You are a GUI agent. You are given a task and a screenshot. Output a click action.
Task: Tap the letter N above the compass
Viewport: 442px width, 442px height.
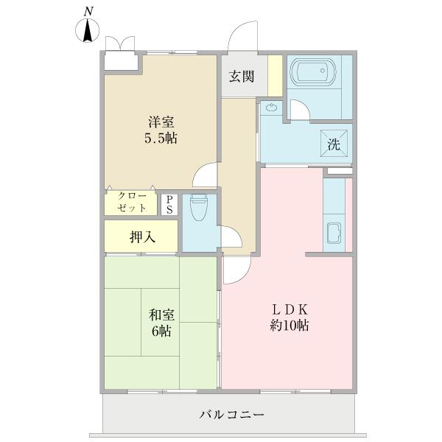point(88,11)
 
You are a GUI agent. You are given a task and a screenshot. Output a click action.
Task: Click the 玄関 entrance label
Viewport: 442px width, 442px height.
point(241,76)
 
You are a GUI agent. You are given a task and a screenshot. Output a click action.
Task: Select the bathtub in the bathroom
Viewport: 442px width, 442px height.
point(313,74)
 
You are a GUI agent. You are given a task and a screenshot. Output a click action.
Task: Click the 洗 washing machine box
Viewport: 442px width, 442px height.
point(334,144)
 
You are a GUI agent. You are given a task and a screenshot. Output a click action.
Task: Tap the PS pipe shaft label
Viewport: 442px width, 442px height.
point(169,204)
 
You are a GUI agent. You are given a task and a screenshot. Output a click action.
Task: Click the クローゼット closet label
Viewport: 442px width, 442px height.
point(131,203)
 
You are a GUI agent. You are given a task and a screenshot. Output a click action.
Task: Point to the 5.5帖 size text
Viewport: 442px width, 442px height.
point(161,138)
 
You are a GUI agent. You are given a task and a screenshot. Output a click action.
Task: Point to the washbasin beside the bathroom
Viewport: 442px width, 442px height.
point(272,109)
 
